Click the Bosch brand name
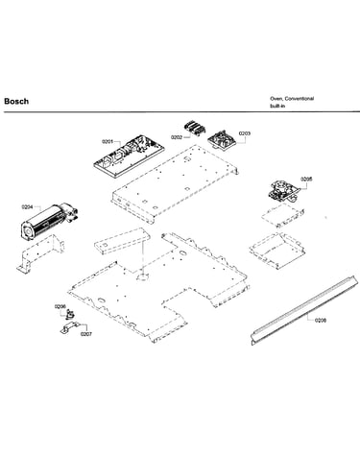point(16,101)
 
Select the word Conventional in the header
point(300,98)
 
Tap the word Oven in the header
point(276,98)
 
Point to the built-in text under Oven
point(277,106)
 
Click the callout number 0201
point(108,141)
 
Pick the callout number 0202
point(177,137)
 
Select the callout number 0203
point(245,133)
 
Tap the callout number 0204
point(27,207)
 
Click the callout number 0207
point(86,334)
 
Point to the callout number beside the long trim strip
point(321,320)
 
